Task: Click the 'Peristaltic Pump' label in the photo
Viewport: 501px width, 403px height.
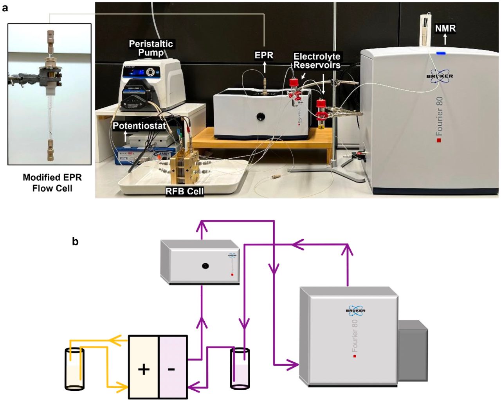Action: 151,48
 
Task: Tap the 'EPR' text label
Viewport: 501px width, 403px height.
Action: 264,56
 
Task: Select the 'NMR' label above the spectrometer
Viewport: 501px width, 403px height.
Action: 445,28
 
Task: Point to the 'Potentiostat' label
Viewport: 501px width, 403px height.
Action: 139,126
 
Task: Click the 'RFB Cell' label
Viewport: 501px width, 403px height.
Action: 184,191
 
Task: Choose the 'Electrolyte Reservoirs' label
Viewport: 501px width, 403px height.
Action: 317,61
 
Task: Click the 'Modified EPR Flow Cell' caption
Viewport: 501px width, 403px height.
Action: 52,183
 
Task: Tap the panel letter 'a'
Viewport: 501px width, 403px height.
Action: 5,7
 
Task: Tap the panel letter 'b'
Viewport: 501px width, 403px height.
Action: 75,242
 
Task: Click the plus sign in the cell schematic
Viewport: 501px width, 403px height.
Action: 144,369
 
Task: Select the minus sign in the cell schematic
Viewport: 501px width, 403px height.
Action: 172,369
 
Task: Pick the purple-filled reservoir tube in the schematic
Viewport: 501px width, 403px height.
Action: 240,369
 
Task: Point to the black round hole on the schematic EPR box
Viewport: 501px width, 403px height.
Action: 205,266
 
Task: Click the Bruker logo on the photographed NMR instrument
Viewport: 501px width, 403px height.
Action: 440,76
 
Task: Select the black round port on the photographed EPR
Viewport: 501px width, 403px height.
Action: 260,116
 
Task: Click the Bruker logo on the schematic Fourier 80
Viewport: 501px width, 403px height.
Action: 355,310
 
